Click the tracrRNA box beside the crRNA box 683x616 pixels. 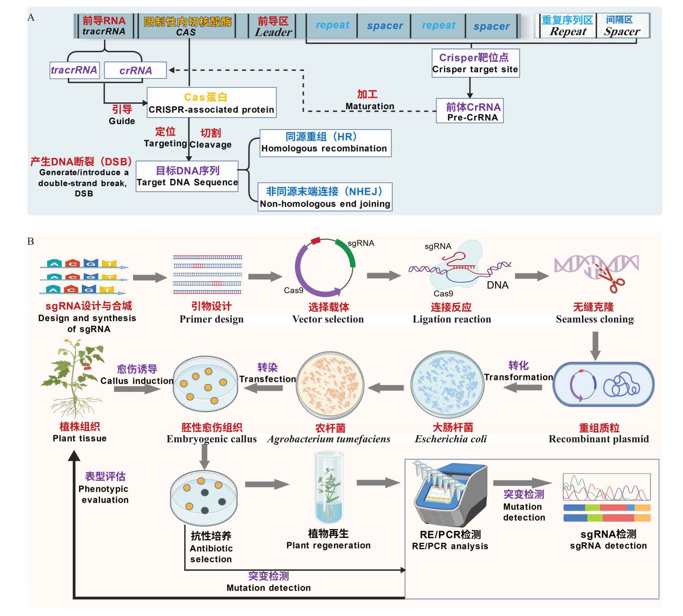(75, 70)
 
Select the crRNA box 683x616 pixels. (135, 70)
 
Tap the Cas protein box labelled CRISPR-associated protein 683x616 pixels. (211, 103)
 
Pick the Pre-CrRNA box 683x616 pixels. (469, 111)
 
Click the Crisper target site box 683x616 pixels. (475, 63)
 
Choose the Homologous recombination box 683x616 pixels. (326, 143)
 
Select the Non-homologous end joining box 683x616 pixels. (325, 197)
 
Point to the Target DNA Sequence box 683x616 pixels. (187, 176)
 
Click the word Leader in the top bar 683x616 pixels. (273, 32)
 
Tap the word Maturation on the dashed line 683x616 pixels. (370, 106)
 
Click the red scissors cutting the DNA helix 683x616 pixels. (612, 279)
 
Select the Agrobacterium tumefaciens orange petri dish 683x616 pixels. (330, 385)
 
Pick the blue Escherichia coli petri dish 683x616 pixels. (447, 385)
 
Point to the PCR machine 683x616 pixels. (450, 495)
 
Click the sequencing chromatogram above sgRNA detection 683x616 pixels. (607, 487)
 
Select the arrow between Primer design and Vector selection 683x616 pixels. (265, 277)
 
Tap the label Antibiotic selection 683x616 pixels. (211, 553)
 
